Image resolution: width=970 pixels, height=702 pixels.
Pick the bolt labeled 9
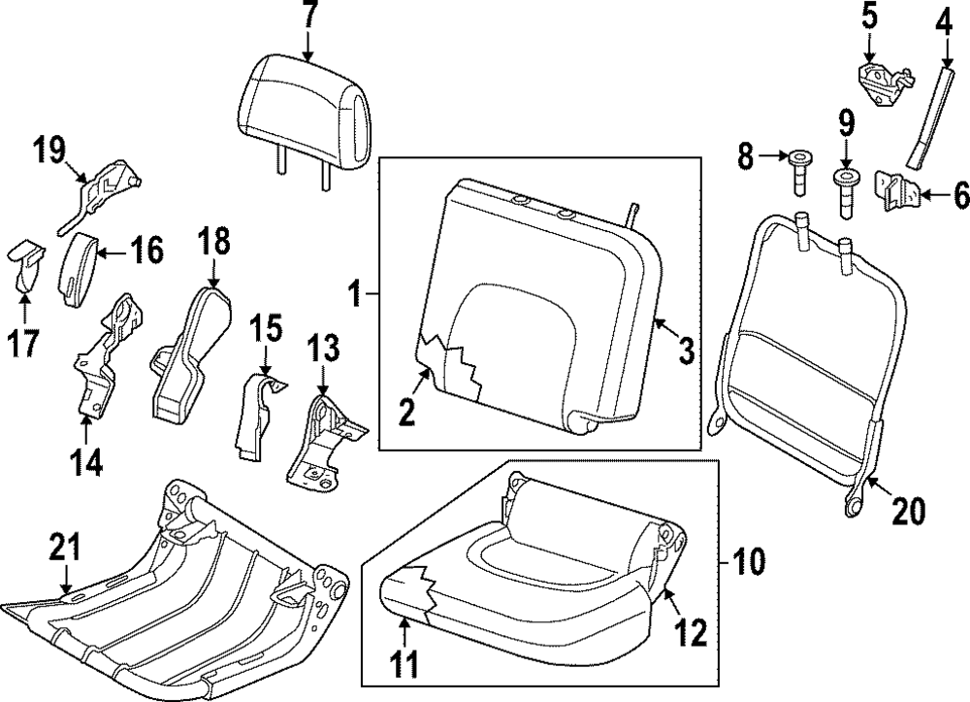point(846,194)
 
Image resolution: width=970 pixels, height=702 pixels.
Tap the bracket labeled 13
point(322,437)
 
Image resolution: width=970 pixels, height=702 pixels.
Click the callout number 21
point(63,551)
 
